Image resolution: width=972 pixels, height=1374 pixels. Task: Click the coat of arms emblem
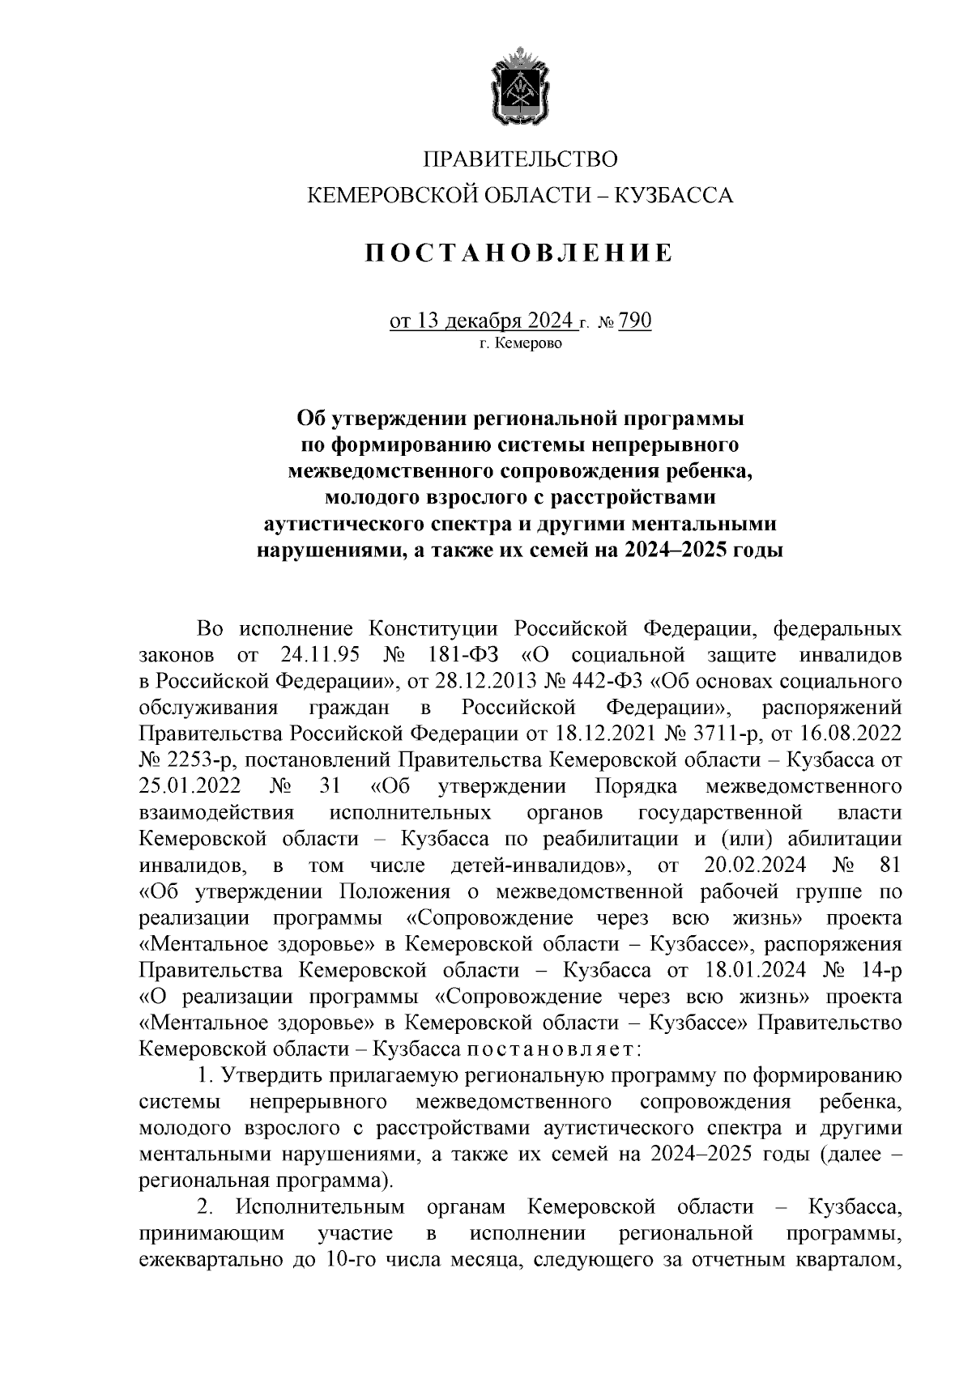click(x=519, y=87)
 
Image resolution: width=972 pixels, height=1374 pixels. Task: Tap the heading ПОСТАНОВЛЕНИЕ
click(x=519, y=253)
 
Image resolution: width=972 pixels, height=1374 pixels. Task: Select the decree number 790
click(x=635, y=323)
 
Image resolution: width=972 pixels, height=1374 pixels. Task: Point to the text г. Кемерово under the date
click(x=519, y=343)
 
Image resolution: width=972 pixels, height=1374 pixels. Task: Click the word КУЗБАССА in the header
click(x=676, y=195)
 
